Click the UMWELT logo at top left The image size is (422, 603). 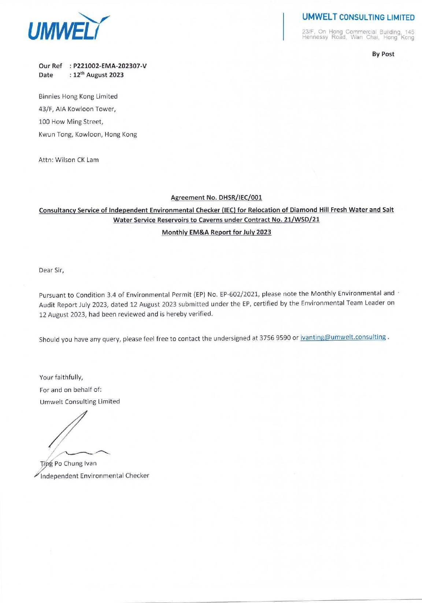pos(69,27)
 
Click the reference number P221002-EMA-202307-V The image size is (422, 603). pos(110,66)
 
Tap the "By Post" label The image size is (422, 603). pos(383,54)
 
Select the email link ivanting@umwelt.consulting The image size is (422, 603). pos(343,337)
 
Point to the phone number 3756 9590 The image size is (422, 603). pos(275,338)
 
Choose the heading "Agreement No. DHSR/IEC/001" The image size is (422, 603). pos(216,198)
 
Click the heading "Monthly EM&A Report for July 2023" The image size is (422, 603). pos(216,232)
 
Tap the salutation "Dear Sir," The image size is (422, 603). pos(52,270)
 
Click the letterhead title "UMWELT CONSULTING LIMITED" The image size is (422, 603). pos(358,17)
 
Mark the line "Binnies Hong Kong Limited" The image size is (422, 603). pos(78,97)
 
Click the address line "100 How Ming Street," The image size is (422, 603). pos(71,121)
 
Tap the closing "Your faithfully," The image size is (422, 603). pos(61,377)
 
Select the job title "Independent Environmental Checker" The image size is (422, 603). pos(95,476)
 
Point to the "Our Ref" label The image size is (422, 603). pos(50,66)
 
